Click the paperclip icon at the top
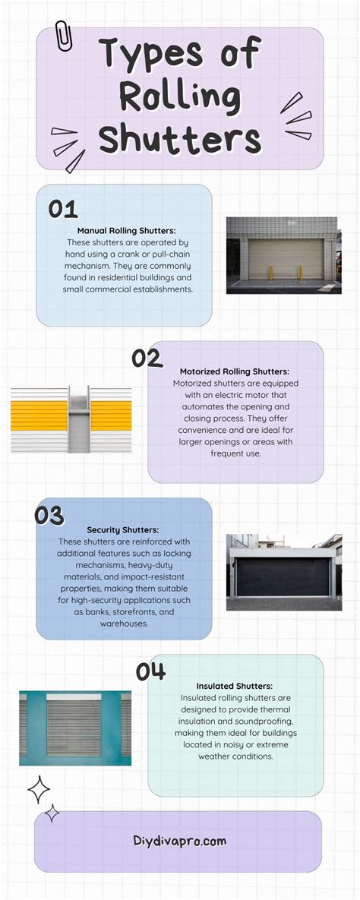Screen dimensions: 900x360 63,36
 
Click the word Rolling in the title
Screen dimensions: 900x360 179,98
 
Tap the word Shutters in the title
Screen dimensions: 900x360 179,139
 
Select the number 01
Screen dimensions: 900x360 63,209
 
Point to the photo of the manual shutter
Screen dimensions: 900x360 283,255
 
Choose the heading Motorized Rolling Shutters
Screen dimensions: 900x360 235,371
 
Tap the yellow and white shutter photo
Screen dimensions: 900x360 71,420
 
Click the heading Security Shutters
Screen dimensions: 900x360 124,529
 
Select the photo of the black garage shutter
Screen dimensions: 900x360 283,572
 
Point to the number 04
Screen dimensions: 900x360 151,671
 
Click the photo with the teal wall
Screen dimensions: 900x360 75,728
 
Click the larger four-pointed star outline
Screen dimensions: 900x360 39,791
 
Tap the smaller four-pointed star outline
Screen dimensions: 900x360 52,813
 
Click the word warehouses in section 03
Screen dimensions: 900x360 124,623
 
